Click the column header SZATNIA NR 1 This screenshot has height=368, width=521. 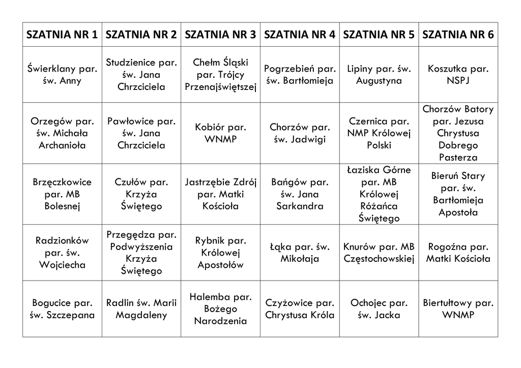[x=62, y=35]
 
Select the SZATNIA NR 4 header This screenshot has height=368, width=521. [x=300, y=35]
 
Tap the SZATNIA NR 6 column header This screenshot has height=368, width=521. [x=458, y=35]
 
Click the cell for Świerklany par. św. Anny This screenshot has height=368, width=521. [x=62, y=75]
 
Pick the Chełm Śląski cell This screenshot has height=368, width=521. [x=221, y=75]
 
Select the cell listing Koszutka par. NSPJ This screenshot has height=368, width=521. [x=458, y=75]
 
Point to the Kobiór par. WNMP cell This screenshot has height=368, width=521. [x=221, y=133]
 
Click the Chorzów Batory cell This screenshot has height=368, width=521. [x=458, y=133]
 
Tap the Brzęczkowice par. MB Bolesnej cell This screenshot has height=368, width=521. [x=62, y=194]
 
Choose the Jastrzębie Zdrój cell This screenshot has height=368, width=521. [x=221, y=194]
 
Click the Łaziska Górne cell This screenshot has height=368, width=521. [x=379, y=194]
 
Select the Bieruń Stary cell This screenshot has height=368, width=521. [x=458, y=194]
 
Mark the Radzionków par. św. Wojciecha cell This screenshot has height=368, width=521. [x=62, y=253]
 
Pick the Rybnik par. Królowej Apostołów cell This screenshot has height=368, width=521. [x=221, y=253]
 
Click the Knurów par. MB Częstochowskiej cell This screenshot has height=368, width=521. [x=379, y=253]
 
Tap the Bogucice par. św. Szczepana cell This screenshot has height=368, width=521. [x=62, y=309]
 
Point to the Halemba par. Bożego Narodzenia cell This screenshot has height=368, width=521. [x=221, y=309]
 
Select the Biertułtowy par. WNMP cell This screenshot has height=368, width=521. [x=458, y=309]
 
